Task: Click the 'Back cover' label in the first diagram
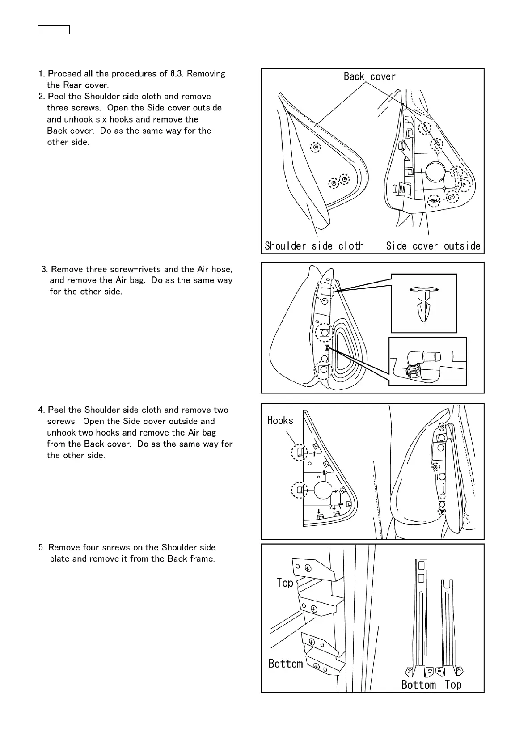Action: [x=369, y=76]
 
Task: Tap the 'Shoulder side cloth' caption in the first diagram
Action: [x=314, y=245]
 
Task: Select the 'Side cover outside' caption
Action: [x=433, y=245]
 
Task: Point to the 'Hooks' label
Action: [x=280, y=420]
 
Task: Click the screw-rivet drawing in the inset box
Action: [x=423, y=303]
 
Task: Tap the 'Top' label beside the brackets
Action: [x=285, y=583]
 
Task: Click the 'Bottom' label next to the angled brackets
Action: [x=285, y=663]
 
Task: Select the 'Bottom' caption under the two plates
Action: [x=418, y=685]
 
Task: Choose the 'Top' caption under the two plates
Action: [x=453, y=685]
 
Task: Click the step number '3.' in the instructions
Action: [x=45, y=269]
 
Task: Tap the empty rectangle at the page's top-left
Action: [x=53, y=30]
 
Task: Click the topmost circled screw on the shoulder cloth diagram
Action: [x=316, y=147]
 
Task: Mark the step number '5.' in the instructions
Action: [x=42, y=547]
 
